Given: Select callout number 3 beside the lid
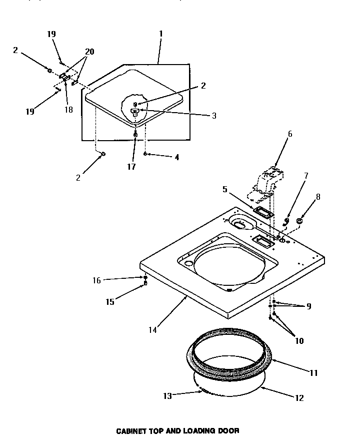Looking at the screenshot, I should click(214, 115).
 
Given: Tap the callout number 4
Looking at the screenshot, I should click(176, 157).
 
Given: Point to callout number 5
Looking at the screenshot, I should click(224, 189).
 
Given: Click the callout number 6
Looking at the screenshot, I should click(289, 134).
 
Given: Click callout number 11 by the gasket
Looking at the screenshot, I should click(313, 373).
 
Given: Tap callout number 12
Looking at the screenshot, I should click(299, 398).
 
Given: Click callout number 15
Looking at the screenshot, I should click(109, 302).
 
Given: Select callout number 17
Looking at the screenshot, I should click(131, 167).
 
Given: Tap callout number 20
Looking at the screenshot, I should click(89, 52).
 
